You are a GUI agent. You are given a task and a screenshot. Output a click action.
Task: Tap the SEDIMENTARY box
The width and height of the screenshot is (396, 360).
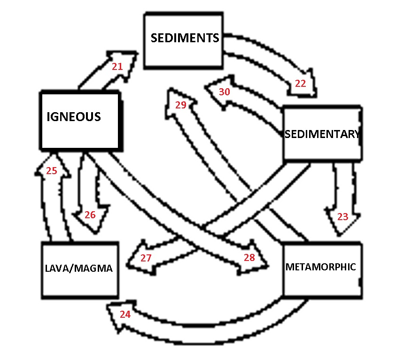(x=322, y=134)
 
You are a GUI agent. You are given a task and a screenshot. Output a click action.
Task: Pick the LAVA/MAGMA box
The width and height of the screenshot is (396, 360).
(x=79, y=270)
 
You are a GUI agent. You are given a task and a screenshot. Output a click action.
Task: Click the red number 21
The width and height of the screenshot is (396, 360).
(x=117, y=67)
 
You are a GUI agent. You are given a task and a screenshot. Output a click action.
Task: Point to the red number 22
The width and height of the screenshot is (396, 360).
(x=301, y=84)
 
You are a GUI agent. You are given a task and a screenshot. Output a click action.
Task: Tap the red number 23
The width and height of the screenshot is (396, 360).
(x=343, y=216)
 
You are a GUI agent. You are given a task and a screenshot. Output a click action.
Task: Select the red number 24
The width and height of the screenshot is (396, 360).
(x=125, y=314)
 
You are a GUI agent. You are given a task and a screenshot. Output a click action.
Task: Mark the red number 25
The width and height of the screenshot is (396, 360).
(x=51, y=171)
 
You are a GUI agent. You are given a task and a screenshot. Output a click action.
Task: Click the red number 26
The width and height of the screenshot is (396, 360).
(x=90, y=215)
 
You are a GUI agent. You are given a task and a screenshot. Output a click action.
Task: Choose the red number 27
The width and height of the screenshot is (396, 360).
(x=146, y=258)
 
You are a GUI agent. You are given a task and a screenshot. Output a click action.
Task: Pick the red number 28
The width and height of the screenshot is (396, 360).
(x=249, y=257)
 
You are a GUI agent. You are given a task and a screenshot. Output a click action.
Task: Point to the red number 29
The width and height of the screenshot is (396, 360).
(x=181, y=105)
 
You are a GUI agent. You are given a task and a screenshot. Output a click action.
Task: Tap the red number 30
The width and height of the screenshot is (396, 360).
(x=225, y=92)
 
